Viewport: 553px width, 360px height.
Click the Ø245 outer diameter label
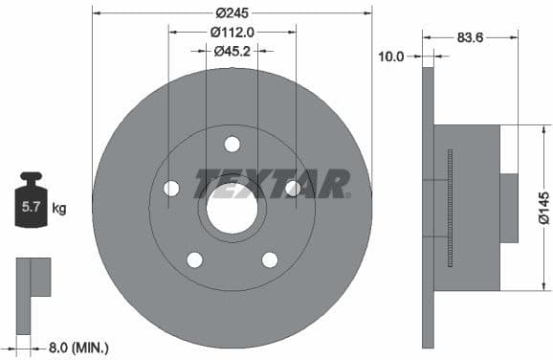[232, 12]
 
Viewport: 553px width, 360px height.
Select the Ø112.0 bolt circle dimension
[232, 32]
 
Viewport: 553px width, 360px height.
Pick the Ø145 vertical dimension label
[543, 207]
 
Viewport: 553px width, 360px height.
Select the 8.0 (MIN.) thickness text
[77, 348]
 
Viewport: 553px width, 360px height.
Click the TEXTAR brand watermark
[272, 183]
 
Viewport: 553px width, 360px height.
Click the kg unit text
[59, 208]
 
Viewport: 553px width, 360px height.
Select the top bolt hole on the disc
[232, 144]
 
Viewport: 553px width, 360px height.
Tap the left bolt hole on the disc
[171, 188]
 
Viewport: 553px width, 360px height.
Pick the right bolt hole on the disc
[293, 188]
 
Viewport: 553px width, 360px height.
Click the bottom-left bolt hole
[194, 259]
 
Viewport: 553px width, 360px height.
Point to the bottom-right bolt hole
[270, 259]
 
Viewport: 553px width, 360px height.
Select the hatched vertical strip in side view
[450, 208]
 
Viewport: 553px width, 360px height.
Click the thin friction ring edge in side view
[428, 208]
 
